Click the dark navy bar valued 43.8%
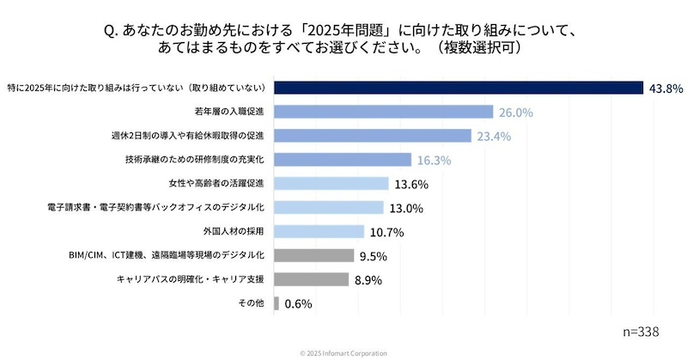tap(459, 88)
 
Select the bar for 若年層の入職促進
tap(384, 112)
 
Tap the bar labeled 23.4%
tap(373, 136)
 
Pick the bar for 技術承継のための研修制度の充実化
tap(343, 160)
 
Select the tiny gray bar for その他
tap(277, 303)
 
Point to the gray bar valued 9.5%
tap(314, 255)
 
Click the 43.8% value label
tap(666, 88)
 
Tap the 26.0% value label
tap(516, 112)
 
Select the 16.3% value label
tap(434, 160)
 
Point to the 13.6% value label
tap(410, 184)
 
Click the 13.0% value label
tap(406, 208)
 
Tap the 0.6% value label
tap(297, 303)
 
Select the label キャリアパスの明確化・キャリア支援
tap(194, 279)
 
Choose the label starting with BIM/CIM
tap(170, 255)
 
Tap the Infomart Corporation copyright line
tap(343, 353)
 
